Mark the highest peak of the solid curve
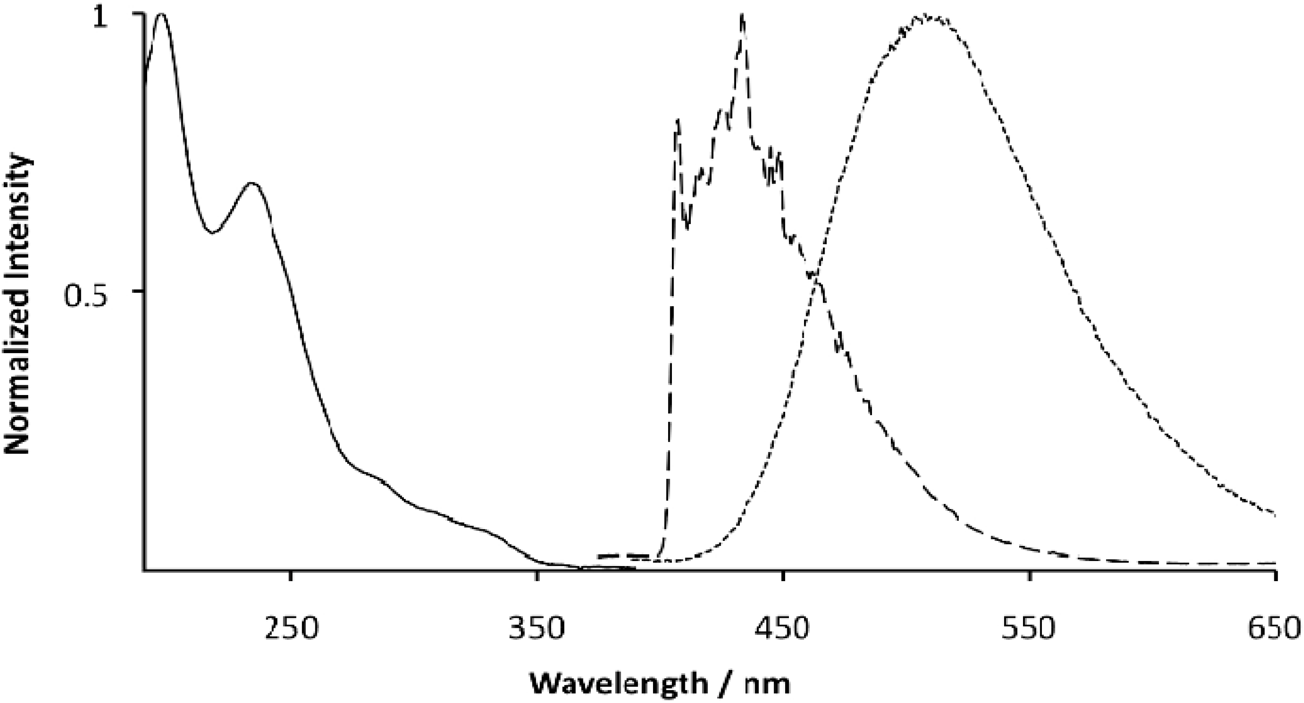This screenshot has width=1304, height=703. (x=161, y=14)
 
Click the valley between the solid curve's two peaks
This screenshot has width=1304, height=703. (x=213, y=232)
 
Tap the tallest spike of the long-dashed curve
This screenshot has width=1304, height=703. (x=742, y=15)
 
